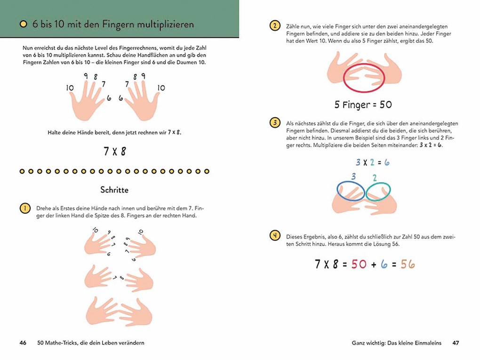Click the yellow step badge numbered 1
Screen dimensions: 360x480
pos(24,208)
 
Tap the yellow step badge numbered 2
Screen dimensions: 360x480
pos(274,26)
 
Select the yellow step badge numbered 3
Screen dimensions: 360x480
pos(274,123)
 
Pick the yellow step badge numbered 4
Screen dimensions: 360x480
pos(274,236)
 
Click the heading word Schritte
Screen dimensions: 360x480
pos(114,190)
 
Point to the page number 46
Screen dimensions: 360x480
pos(23,343)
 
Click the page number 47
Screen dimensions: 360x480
pos(456,343)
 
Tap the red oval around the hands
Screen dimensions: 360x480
pos(365,78)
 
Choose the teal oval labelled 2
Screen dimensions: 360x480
pos(379,192)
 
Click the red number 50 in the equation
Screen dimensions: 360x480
pos(359,264)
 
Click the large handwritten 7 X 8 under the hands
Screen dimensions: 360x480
pos(114,152)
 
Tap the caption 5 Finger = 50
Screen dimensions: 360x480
pos(363,104)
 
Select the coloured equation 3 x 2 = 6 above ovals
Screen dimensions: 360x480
pos(372,162)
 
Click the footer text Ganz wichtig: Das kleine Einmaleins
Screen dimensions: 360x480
pos(396,343)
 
